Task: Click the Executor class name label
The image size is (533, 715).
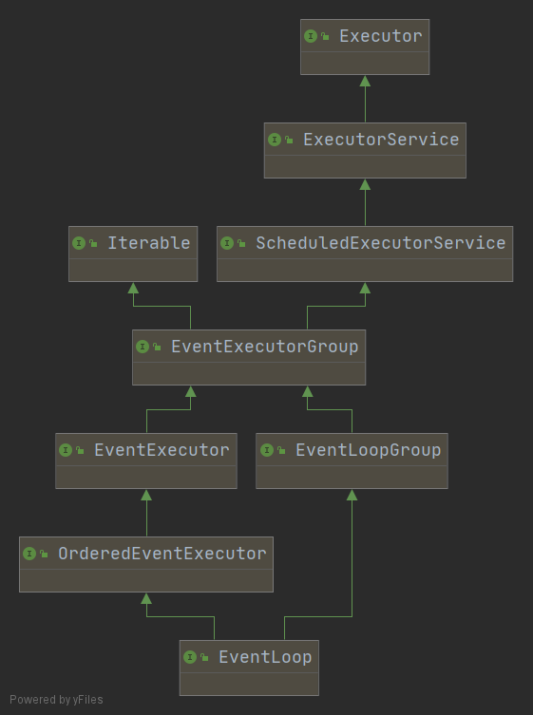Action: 381,36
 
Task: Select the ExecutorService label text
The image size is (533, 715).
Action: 381,140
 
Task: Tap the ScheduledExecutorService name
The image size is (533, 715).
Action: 381,243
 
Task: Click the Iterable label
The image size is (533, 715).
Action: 149,243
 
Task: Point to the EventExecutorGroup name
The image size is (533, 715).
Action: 265,347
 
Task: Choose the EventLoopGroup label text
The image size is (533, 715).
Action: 369,450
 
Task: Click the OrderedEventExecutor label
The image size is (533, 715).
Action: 162,554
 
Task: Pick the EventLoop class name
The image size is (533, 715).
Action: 265,657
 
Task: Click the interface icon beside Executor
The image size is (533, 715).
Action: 311,36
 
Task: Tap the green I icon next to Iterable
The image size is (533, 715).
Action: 79,243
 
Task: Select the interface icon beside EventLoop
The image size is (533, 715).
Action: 190,657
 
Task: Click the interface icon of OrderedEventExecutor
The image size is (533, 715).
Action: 29,554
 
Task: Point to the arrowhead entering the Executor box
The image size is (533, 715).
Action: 365,81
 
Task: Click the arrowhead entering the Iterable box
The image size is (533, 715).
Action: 133,288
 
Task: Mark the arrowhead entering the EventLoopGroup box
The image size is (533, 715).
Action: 352,495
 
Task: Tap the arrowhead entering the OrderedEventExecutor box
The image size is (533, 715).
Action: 146,598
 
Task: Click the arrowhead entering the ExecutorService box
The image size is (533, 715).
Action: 365,184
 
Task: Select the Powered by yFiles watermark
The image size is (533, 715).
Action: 56,700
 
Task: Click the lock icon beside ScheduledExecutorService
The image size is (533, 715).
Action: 241,243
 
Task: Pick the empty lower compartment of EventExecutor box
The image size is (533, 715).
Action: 146,477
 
